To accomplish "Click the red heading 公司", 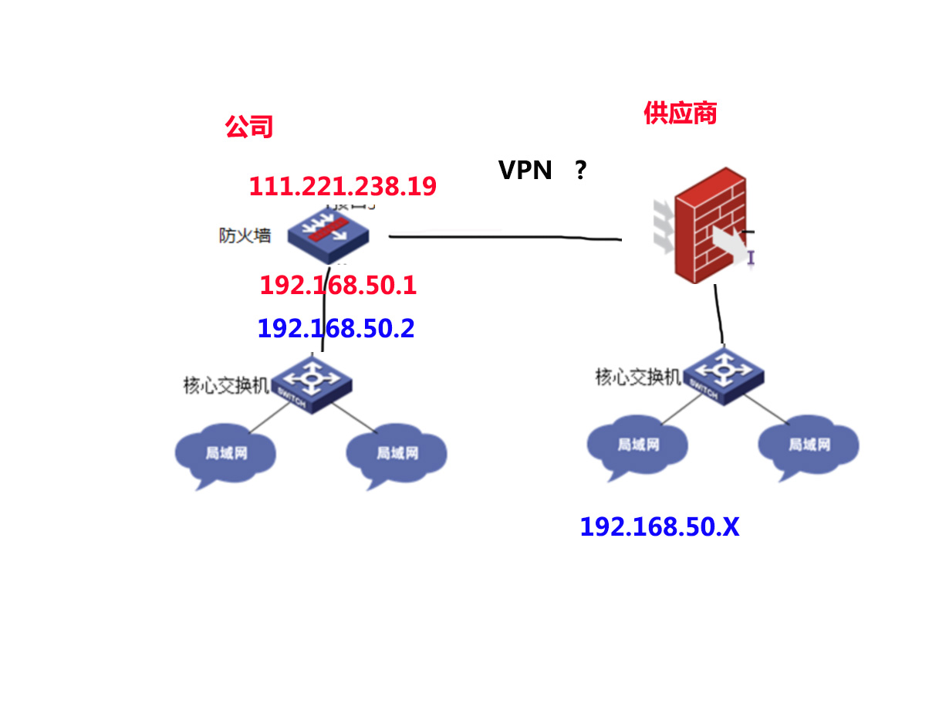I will click(249, 127).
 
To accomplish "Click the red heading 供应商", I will click(680, 113).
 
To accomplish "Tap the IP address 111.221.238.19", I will click(343, 186).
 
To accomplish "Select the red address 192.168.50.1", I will click(338, 286).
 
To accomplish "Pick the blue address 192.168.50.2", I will click(336, 329).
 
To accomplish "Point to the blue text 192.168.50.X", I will click(659, 527).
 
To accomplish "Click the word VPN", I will click(525, 170).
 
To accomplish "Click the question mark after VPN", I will click(580, 170).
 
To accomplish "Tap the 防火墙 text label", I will click(245, 235).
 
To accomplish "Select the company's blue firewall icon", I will click(328, 232).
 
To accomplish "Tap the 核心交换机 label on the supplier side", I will click(637, 377).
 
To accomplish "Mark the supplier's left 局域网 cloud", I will click(637, 445).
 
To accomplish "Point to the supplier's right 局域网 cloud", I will click(808, 445).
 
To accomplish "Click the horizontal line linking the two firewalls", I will click(505, 237).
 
